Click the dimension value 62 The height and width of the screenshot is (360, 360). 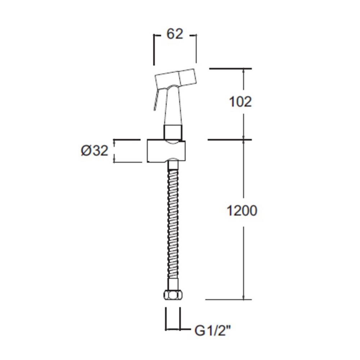click(175, 34)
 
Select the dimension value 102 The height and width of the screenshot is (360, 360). click(240, 102)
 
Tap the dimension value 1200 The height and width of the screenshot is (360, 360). click(242, 211)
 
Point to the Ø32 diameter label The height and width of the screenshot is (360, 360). click(94, 151)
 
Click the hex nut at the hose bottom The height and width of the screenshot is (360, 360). click(172, 295)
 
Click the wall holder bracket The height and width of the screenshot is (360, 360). click(166, 152)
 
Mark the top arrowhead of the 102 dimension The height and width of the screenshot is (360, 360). click(244, 71)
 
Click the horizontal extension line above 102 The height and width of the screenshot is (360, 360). click(230, 68)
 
